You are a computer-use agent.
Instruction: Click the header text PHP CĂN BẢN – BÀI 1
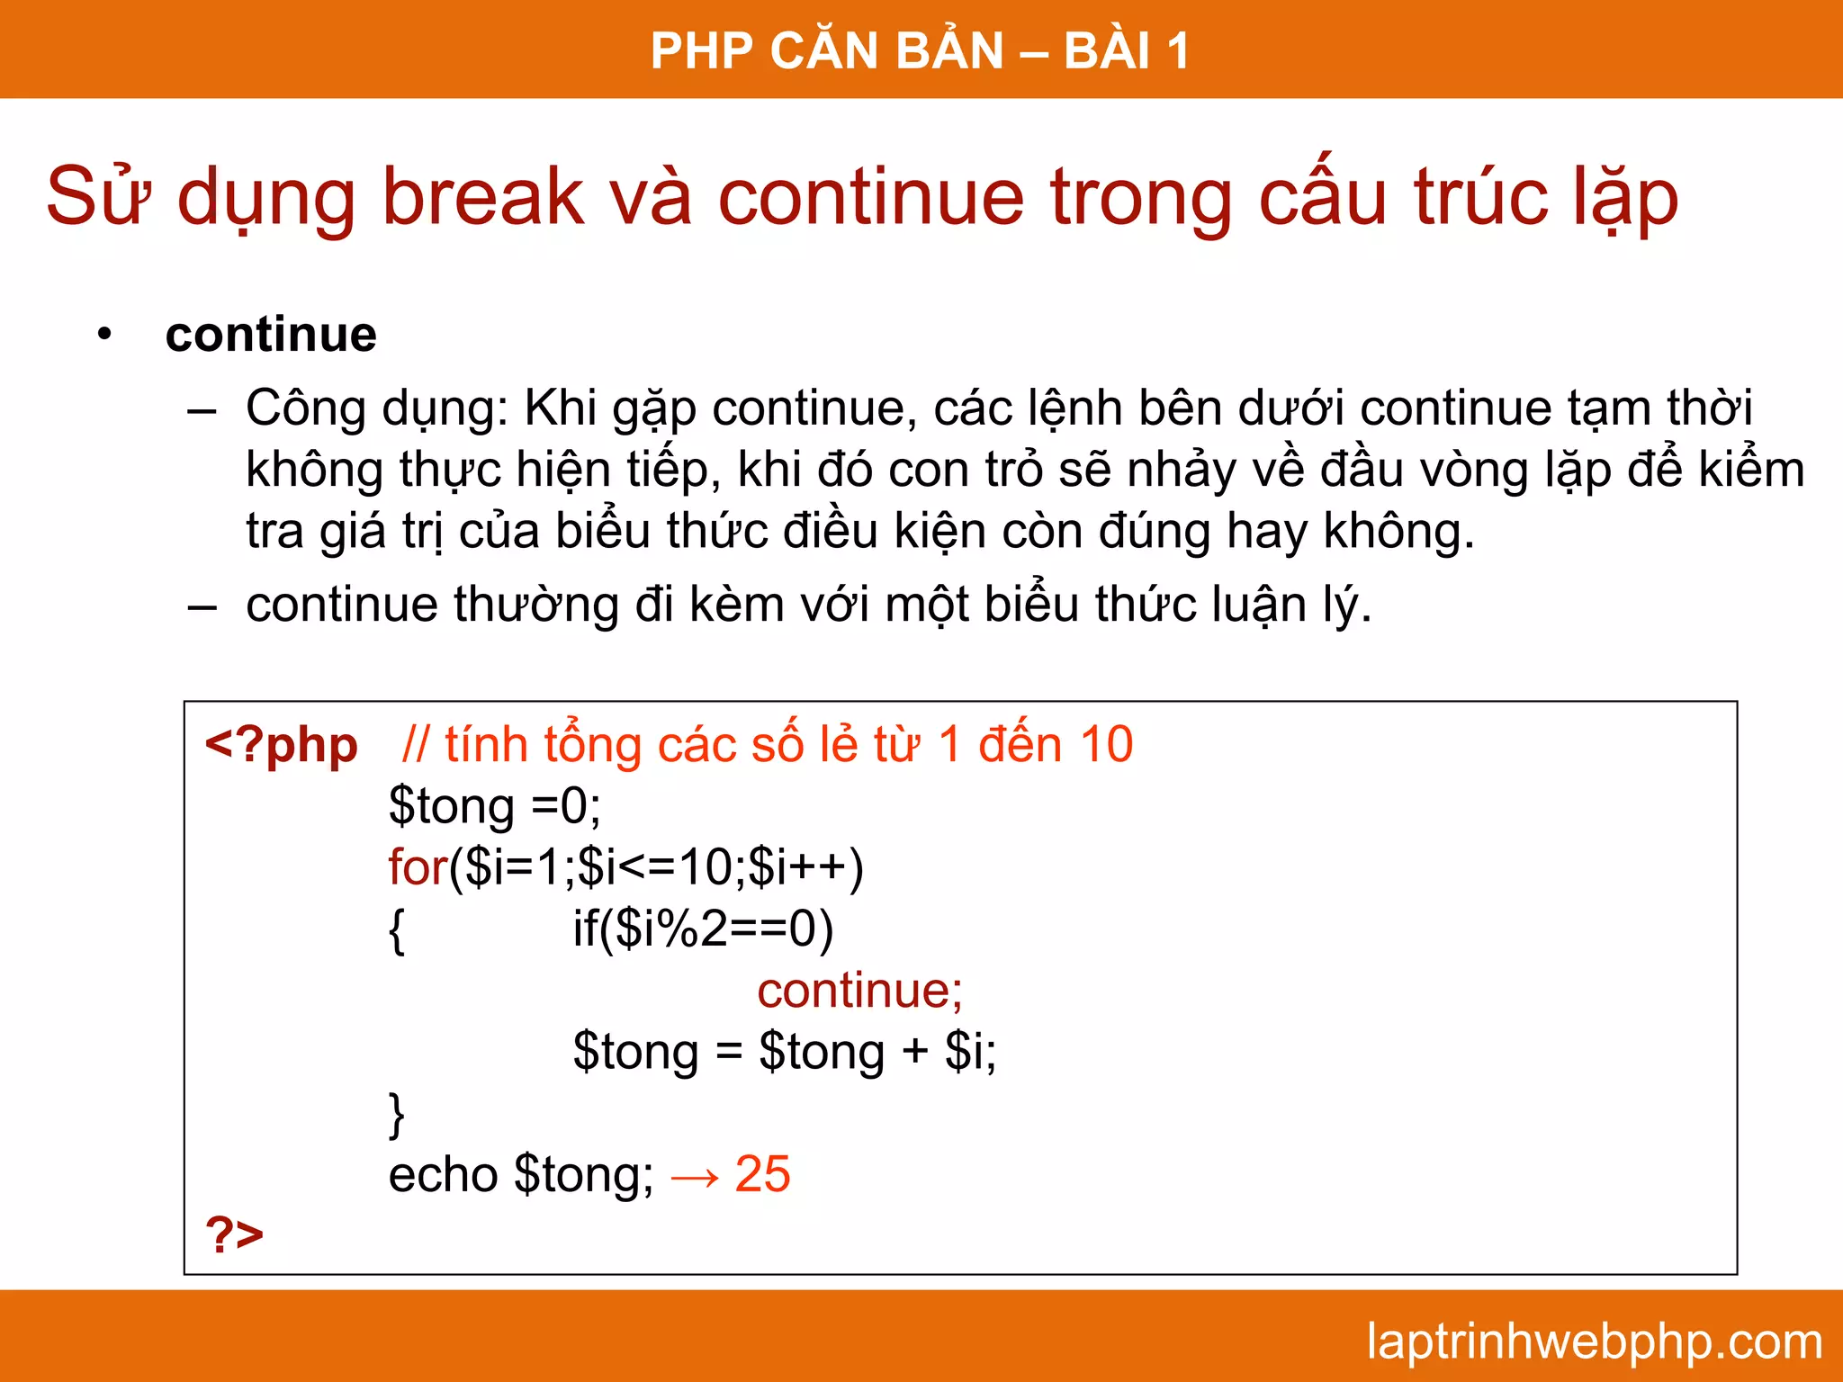point(920,50)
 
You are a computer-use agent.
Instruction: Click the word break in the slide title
point(483,196)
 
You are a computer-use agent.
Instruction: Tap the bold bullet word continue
point(271,335)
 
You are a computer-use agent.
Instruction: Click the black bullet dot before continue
point(105,335)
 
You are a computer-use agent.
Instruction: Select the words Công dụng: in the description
point(377,408)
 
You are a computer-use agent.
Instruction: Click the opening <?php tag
point(281,745)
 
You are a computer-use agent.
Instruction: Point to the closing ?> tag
point(234,1234)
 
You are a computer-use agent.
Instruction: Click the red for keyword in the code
point(418,867)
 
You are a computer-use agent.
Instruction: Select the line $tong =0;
point(494,805)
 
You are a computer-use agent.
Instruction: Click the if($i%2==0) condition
point(703,929)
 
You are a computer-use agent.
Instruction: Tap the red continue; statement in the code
point(859,990)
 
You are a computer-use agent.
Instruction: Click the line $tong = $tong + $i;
point(785,1051)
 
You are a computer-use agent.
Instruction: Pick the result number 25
point(762,1173)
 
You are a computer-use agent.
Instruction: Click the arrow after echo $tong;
point(695,1177)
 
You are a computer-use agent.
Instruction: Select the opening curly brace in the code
point(397,930)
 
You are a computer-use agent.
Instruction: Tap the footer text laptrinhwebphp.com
point(1594,1341)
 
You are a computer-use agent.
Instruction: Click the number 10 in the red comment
point(1106,745)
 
